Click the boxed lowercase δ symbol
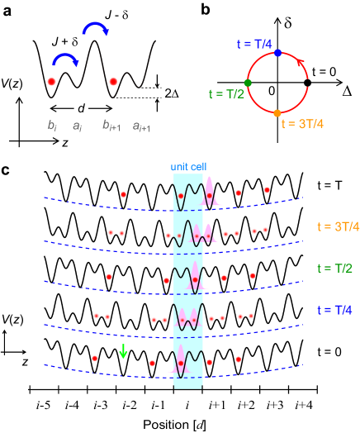tap(288, 22)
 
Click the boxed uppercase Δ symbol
tap(348, 92)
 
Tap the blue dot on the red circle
tap(277, 53)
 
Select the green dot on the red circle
tap(248, 83)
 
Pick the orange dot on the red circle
tap(277, 112)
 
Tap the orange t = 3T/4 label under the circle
tap(302, 125)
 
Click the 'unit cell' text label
tap(188, 166)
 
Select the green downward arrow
tap(123, 351)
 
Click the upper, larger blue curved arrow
tap(95, 29)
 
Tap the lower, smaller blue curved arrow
tap(65, 59)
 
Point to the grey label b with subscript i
tap(52, 126)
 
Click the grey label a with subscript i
tap(77, 126)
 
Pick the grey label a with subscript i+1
tap(142, 126)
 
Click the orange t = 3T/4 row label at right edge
tap(338, 226)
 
